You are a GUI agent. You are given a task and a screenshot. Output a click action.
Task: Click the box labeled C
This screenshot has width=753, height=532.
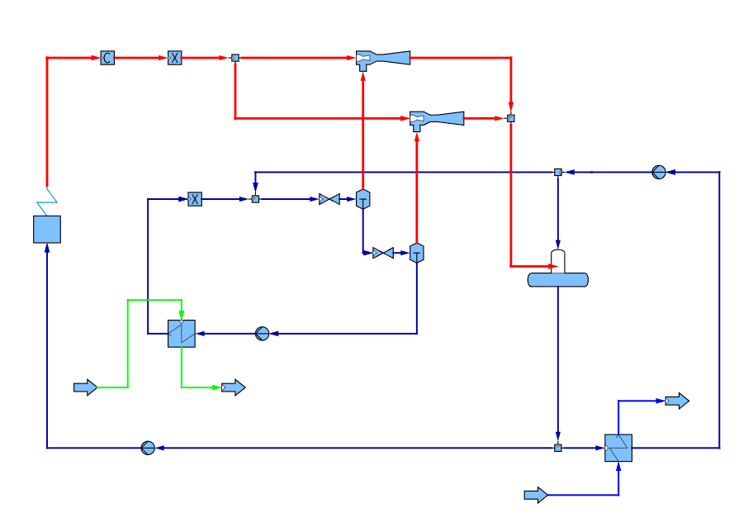107,58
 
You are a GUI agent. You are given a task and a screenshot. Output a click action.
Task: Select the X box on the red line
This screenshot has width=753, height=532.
174,58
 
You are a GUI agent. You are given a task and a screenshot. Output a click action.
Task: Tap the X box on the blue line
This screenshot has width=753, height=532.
195,199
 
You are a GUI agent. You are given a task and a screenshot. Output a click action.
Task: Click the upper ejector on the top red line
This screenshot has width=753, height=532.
382,58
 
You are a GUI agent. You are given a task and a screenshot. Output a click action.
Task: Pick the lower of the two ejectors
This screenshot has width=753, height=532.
436,119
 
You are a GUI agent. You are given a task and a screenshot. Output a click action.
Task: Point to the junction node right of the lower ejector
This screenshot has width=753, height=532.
510,118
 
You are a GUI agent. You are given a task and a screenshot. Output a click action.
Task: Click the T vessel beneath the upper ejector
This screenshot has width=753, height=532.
362,199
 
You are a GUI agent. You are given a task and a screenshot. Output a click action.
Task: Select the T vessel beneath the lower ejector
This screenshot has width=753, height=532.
416,253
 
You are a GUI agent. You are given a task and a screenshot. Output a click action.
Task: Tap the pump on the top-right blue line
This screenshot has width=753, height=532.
659,172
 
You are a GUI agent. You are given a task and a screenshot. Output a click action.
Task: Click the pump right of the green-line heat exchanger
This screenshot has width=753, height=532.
263,334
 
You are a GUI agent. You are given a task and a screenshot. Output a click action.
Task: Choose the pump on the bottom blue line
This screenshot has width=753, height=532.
148,448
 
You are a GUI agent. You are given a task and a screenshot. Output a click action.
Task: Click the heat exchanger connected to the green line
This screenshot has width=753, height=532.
182,334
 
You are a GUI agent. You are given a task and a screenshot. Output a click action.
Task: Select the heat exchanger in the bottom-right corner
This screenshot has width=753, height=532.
618,448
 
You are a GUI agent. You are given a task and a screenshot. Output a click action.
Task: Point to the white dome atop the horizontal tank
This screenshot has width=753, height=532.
558,261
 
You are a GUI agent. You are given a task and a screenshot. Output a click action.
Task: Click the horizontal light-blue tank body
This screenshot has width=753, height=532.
558,280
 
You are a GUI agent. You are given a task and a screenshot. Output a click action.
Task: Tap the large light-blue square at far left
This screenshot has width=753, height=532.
47,229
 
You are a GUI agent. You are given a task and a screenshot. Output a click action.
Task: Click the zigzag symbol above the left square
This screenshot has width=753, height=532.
47,200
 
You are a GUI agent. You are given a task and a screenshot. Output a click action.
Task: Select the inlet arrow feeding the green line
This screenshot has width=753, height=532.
85,387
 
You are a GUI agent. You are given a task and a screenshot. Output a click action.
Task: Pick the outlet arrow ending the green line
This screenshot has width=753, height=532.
234,387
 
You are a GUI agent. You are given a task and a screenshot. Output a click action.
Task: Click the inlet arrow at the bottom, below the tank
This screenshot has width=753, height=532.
536,495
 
